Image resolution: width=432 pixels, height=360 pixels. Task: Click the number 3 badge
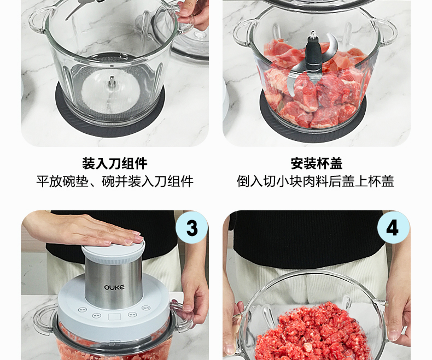192,228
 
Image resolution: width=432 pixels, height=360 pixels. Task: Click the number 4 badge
393,228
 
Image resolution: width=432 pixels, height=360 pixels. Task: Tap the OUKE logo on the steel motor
114,287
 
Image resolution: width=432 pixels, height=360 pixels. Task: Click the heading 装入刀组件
115,163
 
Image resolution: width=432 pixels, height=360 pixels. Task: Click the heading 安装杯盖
317,163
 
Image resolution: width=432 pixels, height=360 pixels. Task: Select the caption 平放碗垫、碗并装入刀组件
115,181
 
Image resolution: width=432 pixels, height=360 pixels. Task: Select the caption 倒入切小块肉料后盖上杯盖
316,181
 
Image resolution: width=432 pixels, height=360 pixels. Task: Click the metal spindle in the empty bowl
112,82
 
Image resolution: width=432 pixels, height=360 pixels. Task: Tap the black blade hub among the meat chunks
312,52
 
